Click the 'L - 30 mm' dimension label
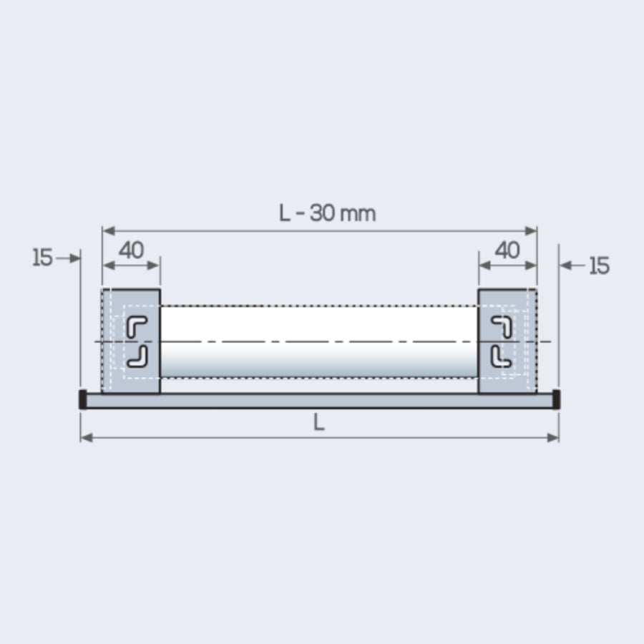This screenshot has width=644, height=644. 327,213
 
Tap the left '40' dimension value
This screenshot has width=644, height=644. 131,250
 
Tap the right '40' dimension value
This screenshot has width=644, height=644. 507,250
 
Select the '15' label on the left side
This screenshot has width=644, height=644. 43,258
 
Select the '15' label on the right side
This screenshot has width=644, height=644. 599,266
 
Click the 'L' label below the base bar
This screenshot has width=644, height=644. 319,423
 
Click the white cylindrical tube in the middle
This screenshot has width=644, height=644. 319,341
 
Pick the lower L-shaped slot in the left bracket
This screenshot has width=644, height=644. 137,356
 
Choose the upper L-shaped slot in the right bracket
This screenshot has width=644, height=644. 502,326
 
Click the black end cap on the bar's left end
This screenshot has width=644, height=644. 83,400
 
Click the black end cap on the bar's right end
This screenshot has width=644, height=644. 556,400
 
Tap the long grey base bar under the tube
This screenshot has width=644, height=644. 319,401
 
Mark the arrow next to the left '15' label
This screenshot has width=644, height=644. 69,258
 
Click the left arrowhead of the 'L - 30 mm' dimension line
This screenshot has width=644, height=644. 108,230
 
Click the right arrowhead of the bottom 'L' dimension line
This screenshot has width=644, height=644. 553,437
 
